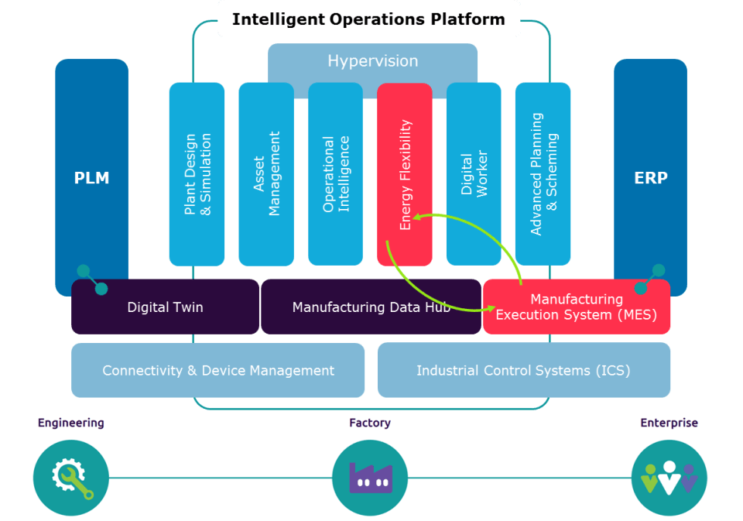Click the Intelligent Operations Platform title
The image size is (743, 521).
(x=368, y=19)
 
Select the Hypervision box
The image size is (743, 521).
(x=372, y=61)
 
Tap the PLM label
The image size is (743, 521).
(x=91, y=178)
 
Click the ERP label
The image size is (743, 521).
(x=650, y=178)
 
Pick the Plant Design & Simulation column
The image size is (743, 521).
(x=197, y=174)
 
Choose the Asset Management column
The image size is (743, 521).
(x=266, y=174)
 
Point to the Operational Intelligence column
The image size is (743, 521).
(x=336, y=174)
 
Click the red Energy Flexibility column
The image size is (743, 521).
(x=405, y=174)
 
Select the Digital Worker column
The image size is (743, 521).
(x=474, y=174)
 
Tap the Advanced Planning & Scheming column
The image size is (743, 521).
(x=543, y=174)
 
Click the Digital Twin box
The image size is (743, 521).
(x=165, y=307)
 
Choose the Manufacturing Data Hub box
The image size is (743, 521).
(x=371, y=307)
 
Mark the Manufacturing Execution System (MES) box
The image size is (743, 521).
(x=576, y=307)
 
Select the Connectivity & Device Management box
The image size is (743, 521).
(x=218, y=371)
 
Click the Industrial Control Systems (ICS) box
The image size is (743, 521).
(x=523, y=371)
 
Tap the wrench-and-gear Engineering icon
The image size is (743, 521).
(x=71, y=478)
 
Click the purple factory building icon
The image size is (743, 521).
(x=370, y=478)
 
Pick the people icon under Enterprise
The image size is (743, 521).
(x=669, y=478)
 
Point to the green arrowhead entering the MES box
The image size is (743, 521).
(x=490, y=307)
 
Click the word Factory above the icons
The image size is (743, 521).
(x=370, y=423)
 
